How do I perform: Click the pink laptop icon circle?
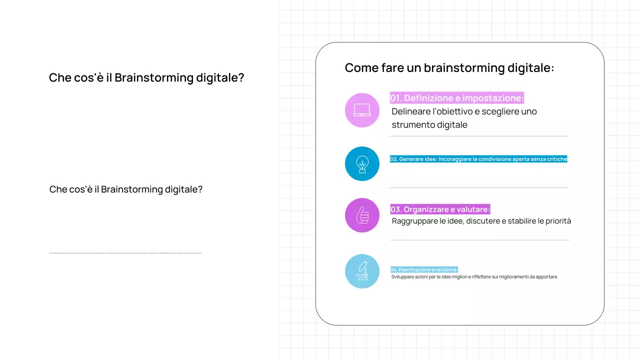point(362,110)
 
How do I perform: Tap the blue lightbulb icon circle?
point(362,163)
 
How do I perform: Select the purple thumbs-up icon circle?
point(362,215)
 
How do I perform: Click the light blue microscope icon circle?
point(362,271)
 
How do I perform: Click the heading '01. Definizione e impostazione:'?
point(456,98)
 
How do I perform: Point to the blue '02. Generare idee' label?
point(478,159)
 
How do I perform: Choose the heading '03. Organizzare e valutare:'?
point(440,209)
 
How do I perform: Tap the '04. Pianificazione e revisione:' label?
point(424,269)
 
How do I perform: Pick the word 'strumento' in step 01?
point(413,124)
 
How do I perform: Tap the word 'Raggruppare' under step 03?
point(414,221)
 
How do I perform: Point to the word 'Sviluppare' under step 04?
point(403,276)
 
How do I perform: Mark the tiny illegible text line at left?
point(125,253)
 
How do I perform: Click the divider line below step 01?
point(479,136)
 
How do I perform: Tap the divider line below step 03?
point(479,240)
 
